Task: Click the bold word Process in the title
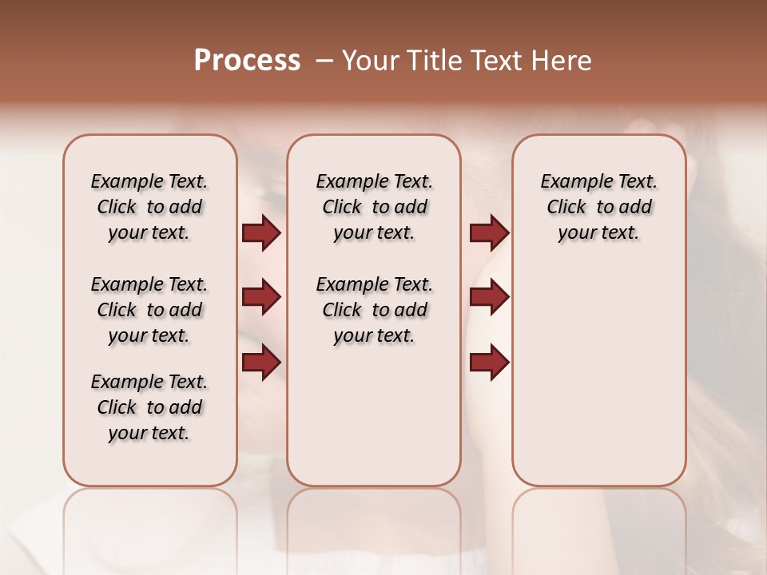tap(247, 61)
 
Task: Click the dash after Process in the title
tap(324, 61)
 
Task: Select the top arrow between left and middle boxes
tap(261, 232)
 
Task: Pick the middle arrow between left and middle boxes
tap(261, 297)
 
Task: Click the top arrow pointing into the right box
tap(489, 232)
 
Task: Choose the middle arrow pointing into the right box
tap(489, 297)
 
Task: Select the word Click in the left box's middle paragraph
tap(117, 310)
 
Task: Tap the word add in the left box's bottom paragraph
tap(185, 407)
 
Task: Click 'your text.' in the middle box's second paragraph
tap(374, 336)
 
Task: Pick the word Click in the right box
tap(566, 208)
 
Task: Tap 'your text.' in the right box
tap(598, 233)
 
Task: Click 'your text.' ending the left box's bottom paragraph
tap(149, 433)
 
